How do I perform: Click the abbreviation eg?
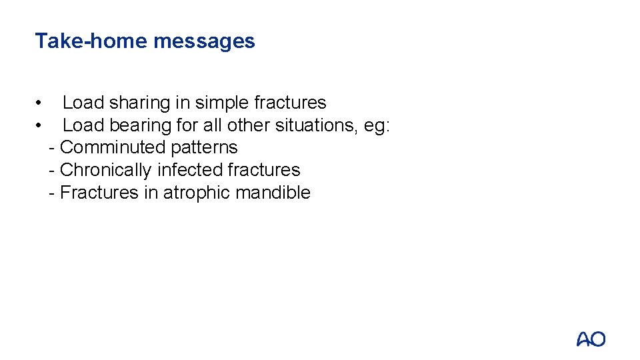377,125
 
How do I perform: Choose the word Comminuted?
113,147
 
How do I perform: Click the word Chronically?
106,170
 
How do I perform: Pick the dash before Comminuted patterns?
52,147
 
